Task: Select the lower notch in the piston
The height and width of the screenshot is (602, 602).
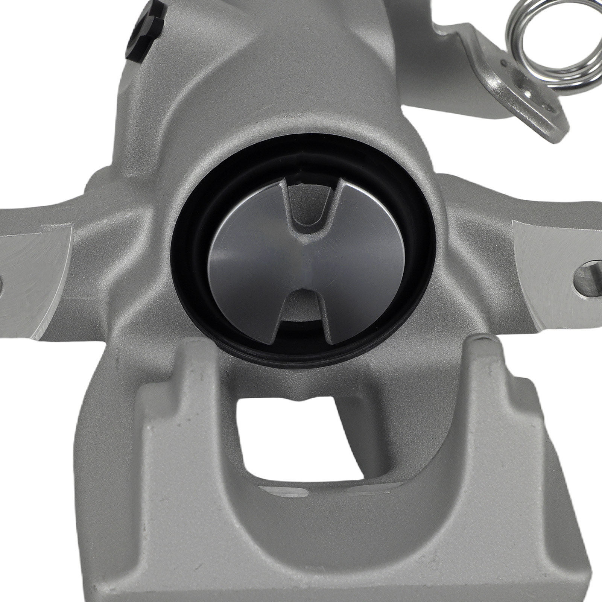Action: coord(301,309)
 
